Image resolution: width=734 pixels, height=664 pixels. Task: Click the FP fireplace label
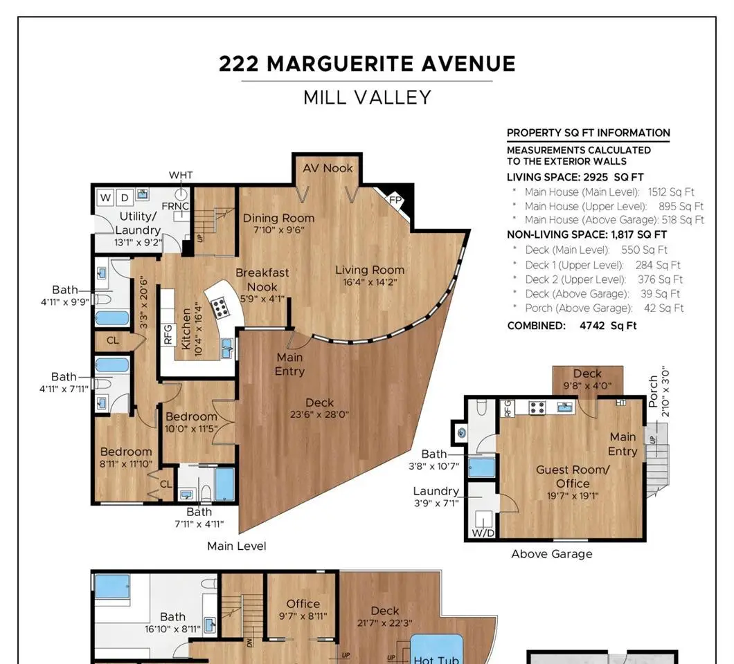click(x=395, y=200)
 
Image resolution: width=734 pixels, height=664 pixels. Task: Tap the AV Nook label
click(x=328, y=168)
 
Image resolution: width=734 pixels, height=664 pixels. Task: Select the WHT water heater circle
click(x=181, y=194)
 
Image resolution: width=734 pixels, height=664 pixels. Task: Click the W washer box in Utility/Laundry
click(x=106, y=197)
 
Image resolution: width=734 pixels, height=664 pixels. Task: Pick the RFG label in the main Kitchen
click(x=168, y=334)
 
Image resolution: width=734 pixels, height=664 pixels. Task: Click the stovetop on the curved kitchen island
click(x=219, y=308)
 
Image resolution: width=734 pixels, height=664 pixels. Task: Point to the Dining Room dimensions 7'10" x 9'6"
click(x=279, y=230)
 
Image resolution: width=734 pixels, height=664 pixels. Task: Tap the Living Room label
click(x=370, y=270)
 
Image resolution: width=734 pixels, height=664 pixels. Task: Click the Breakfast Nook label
click(x=262, y=279)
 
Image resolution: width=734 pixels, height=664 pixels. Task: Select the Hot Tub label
click(x=436, y=659)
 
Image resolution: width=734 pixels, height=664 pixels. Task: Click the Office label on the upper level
click(x=303, y=604)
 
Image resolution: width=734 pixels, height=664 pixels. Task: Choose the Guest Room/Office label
click(x=573, y=477)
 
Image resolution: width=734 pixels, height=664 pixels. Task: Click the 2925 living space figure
click(x=596, y=177)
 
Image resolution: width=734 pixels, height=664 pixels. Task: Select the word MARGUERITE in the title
click(x=340, y=64)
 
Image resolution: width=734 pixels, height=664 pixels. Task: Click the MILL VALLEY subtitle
click(x=367, y=98)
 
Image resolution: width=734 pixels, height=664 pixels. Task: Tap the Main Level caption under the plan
click(x=236, y=546)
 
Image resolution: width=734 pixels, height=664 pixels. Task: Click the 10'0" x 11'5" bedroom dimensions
click(x=191, y=429)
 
